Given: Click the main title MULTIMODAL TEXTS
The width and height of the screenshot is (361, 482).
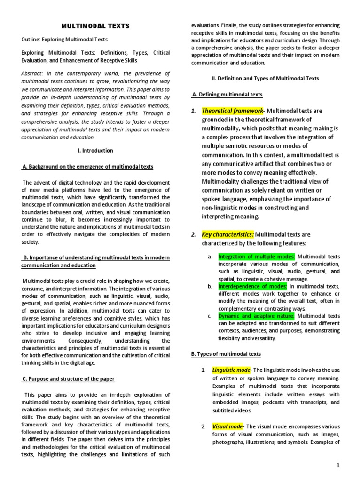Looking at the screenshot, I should [x=96, y=26].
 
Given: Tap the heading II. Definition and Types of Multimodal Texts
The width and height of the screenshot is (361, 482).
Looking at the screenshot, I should [x=266, y=78].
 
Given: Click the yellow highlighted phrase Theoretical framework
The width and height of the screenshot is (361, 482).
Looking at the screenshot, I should [x=232, y=111].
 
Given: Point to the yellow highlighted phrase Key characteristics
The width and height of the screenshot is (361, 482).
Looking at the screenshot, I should [x=228, y=234].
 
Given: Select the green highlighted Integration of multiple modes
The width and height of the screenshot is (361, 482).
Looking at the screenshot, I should [x=257, y=257].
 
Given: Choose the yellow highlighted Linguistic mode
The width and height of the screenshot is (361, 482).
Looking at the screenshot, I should [x=230, y=370].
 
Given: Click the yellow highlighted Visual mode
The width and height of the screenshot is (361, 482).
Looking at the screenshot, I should [x=228, y=426].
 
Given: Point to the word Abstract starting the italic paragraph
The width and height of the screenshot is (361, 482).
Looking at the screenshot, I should [x=32, y=74].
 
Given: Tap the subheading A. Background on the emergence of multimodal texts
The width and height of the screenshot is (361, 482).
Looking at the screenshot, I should [x=87, y=167].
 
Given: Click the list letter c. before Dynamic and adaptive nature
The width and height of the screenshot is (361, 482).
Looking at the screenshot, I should [x=209, y=316].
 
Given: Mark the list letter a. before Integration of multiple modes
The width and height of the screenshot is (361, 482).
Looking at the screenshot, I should [x=209, y=257].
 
